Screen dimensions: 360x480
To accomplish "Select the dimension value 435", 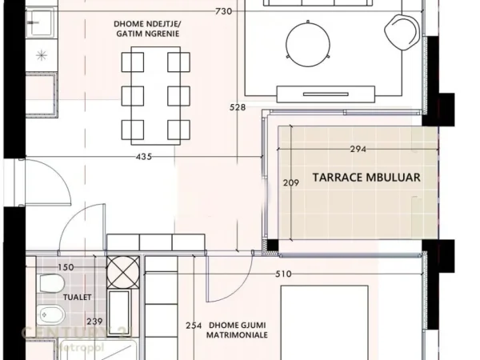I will pyautogui.click(x=144, y=157).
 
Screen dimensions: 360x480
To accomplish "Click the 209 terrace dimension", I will pyautogui.click(x=291, y=183).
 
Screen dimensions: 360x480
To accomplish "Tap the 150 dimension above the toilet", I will pyautogui.click(x=66, y=267).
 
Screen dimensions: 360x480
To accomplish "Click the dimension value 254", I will pyautogui.click(x=192, y=326).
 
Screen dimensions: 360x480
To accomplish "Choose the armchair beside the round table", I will pyautogui.click(x=402, y=32).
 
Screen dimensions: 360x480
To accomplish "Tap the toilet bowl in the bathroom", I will pyautogui.click(x=50, y=285).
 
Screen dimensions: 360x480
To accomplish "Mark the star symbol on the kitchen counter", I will pyautogui.click(x=42, y=55).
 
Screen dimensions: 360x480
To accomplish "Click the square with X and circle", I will pyautogui.click(x=124, y=270).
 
